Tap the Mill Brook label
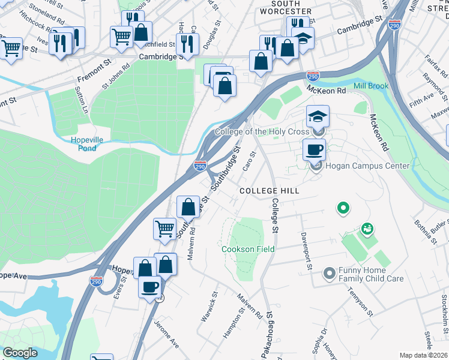371,86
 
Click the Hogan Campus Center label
367,166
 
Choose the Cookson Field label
248,249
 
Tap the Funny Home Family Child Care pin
329,274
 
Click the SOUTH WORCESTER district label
288,7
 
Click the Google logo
20,352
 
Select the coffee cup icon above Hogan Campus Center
314,149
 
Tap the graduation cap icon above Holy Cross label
318,116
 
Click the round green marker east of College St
343,208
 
